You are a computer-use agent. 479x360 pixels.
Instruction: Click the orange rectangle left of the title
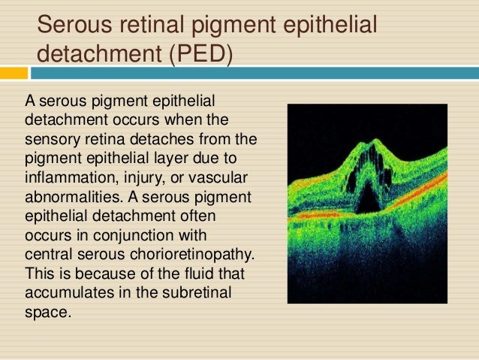click(x=14, y=73)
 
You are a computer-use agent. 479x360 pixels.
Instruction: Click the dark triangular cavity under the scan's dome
click(x=367, y=200)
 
